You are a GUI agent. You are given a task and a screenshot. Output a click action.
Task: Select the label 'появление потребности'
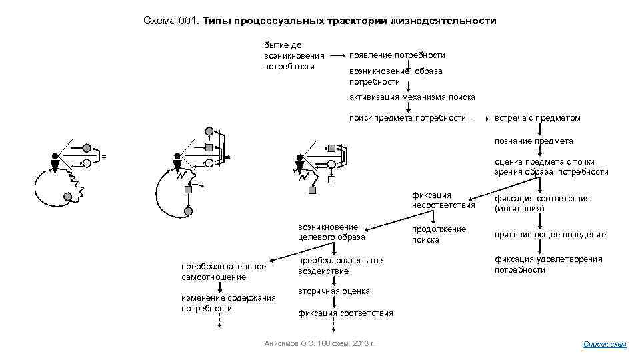[x=397, y=55]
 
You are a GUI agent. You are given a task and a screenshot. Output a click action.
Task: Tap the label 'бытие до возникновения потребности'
[x=294, y=55]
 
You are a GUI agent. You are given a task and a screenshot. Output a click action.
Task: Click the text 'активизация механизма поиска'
[x=412, y=97]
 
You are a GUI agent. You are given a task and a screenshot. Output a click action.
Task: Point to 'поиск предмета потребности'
[x=407, y=118]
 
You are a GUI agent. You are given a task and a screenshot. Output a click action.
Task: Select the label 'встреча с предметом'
[x=537, y=118]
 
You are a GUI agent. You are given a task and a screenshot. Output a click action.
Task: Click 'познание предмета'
[x=533, y=141]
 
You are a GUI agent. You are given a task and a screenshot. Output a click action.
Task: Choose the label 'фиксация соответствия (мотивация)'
[x=542, y=203]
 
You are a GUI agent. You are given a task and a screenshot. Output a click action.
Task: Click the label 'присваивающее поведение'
[x=550, y=235]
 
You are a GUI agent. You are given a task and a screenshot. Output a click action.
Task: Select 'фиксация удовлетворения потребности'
[x=548, y=265]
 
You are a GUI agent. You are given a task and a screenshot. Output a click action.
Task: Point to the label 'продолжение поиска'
[x=439, y=234]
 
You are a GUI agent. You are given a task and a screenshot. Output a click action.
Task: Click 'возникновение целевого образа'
[x=331, y=232]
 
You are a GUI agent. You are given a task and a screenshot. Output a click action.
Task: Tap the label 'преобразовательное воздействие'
[x=340, y=266]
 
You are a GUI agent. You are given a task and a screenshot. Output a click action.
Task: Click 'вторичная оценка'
[x=334, y=291]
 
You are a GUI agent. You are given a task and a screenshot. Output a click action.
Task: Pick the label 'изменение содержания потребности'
[x=228, y=303]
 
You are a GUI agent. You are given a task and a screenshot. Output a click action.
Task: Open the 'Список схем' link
[x=605, y=344]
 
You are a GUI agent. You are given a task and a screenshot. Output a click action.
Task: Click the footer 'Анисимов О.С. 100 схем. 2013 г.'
[x=320, y=343]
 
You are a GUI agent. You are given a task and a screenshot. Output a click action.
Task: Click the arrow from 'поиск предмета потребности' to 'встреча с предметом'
[x=480, y=118]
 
